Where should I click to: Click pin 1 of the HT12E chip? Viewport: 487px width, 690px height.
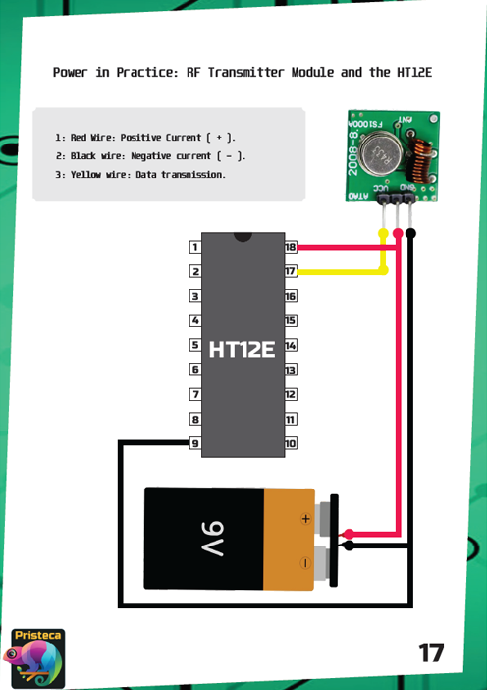pyautogui.click(x=195, y=247)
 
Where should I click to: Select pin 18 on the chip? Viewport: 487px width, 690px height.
pyautogui.click(x=291, y=247)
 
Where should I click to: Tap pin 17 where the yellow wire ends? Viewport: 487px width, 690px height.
pyautogui.click(x=291, y=271)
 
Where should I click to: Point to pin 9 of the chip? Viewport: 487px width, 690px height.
pyautogui.click(x=195, y=443)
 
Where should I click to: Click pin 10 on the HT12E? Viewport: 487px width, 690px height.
pyautogui.click(x=291, y=443)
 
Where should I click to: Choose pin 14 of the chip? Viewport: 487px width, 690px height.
pyautogui.click(x=291, y=345)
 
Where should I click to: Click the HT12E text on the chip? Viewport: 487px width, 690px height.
pyautogui.click(x=243, y=349)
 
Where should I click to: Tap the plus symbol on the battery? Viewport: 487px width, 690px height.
pyautogui.click(x=306, y=519)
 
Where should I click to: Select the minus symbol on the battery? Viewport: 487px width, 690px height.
pyautogui.click(x=305, y=563)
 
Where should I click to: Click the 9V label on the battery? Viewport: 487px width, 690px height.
pyautogui.click(x=213, y=539)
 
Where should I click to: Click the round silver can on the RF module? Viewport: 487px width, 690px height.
pyautogui.click(x=380, y=153)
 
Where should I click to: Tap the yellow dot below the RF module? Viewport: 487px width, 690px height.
pyautogui.click(x=383, y=233)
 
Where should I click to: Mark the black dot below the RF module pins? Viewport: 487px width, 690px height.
pyautogui.click(x=410, y=233)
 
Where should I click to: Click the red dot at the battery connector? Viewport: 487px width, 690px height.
pyautogui.click(x=349, y=535)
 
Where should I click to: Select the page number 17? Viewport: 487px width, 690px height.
pyautogui.click(x=431, y=653)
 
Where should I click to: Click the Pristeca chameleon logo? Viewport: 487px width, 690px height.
pyautogui.click(x=37, y=659)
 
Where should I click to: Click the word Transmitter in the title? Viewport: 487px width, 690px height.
pyautogui.click(x=245, y=72)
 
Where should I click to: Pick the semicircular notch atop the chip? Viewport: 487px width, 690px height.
pyautogui.click(x=243, y=237)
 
